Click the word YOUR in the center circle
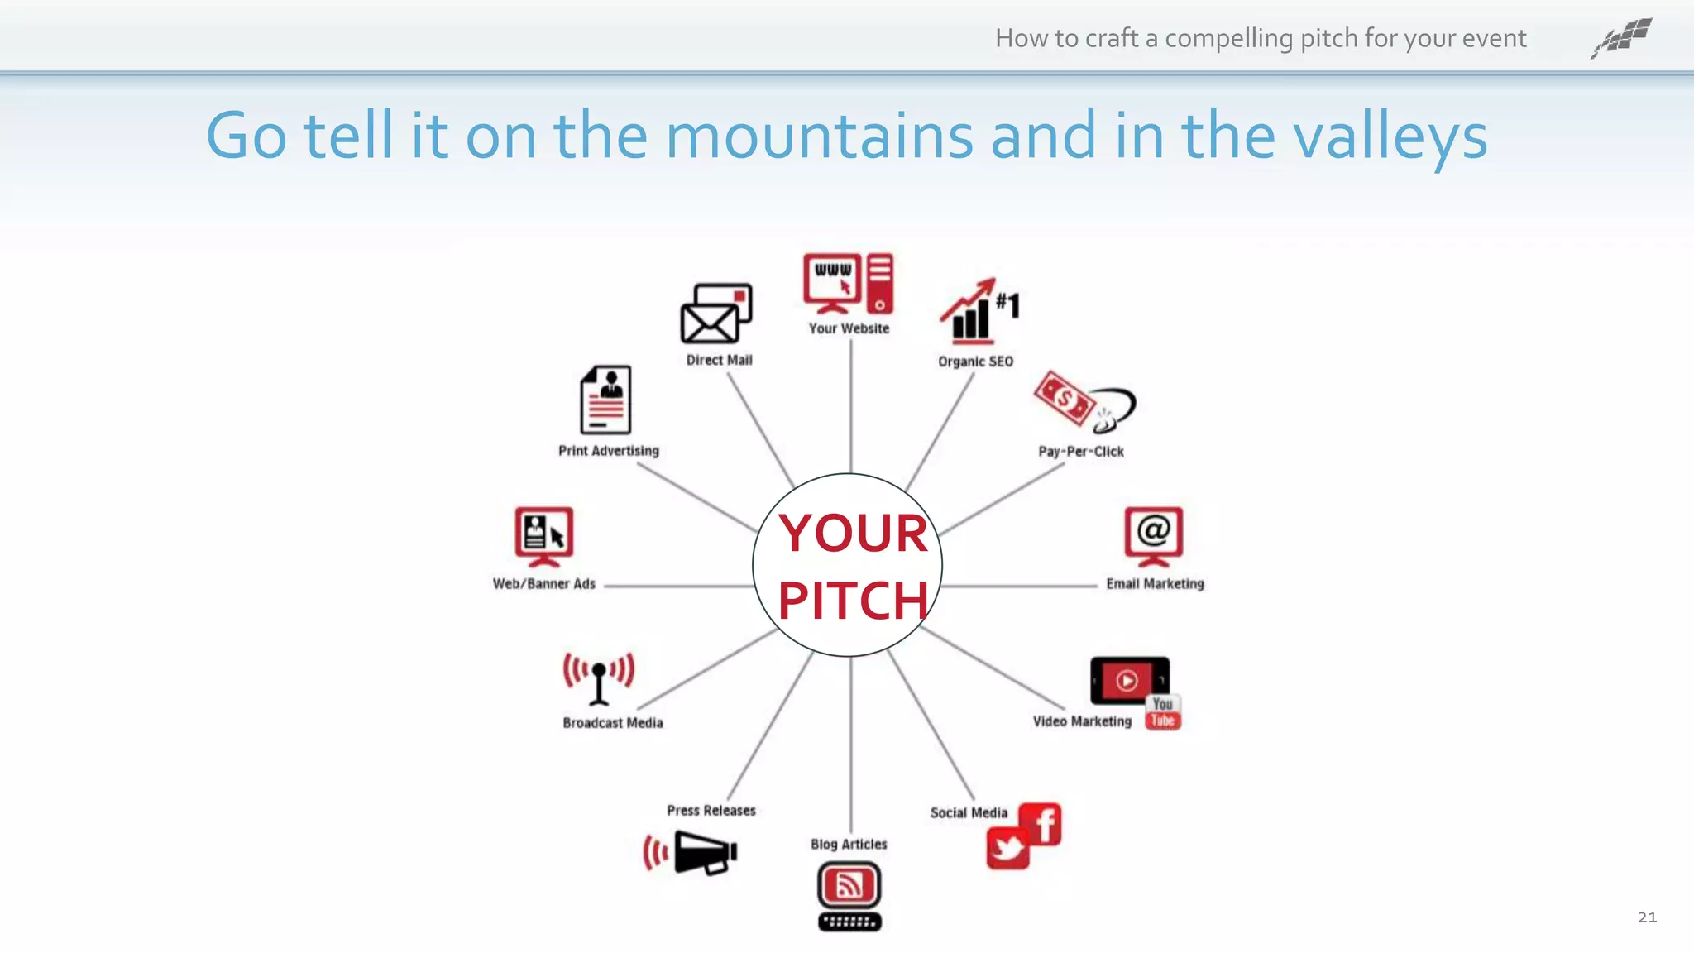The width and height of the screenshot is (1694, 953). point(853,534)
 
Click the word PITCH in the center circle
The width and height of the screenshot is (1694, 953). point(853,601)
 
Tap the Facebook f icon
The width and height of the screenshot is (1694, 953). point(1041,824)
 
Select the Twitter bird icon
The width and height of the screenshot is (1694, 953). point(1007,849)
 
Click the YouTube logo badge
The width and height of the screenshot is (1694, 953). point(1162,712)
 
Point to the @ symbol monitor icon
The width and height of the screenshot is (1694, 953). point(1153,534)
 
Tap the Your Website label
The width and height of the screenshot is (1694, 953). point(849,328)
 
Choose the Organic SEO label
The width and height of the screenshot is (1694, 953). point(975,362)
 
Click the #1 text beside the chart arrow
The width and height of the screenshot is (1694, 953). point(1007,304)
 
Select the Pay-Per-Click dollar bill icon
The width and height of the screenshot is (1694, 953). point(1065,399)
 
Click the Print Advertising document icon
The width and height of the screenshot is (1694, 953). point(605,400)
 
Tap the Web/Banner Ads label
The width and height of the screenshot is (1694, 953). point(543,584)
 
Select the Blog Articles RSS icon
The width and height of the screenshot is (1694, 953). point(849,886)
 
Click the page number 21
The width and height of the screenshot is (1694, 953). point(1647,917)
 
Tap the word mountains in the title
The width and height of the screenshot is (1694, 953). point(819,136)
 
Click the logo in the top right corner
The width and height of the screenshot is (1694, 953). point(1622,37)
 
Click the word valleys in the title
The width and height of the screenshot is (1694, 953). point(1390,137)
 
